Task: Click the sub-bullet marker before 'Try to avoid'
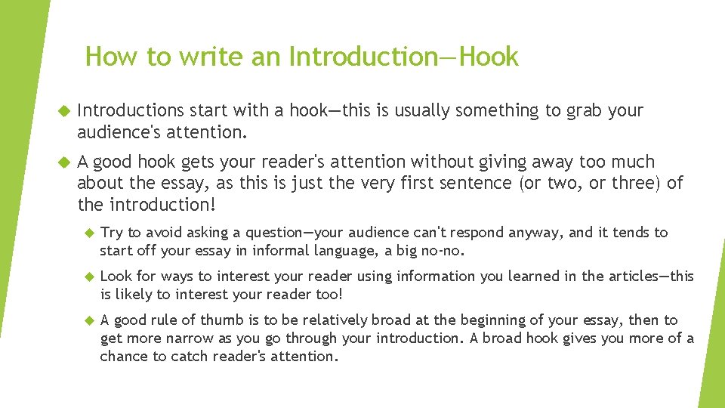[87, 233]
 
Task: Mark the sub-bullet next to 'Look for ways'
[87, 277]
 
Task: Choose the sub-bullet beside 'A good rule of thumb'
[87, 321]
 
